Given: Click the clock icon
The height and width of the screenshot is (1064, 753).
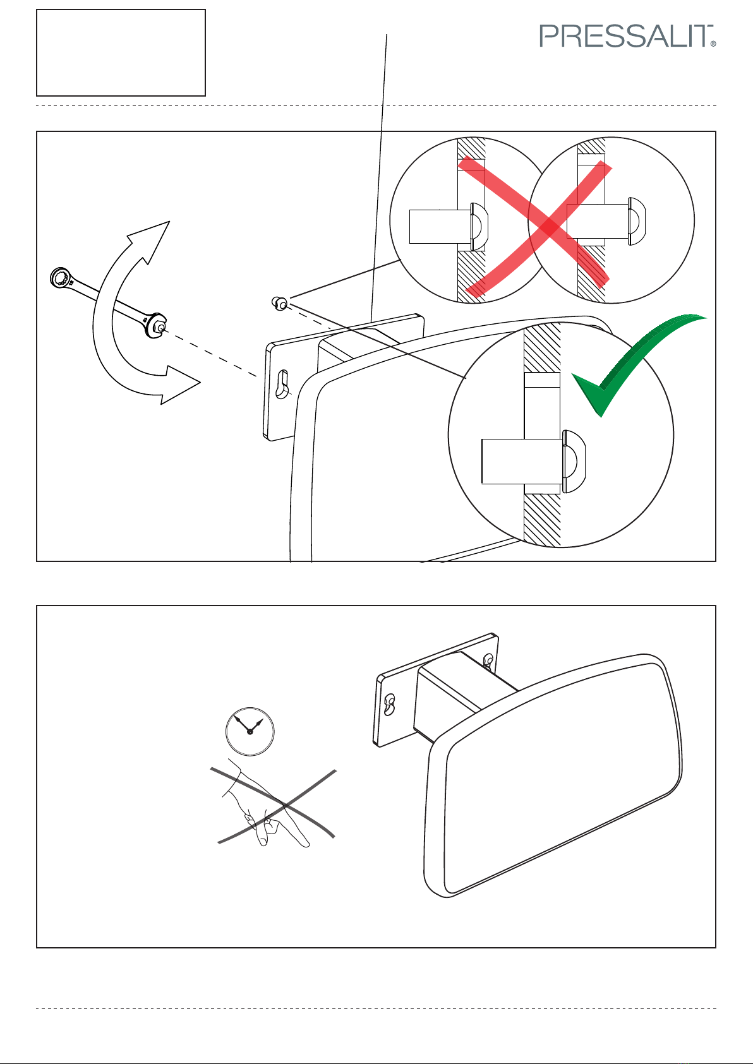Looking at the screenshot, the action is tap(250, 731).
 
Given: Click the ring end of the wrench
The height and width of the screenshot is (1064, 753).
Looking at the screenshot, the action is tap(61, 278).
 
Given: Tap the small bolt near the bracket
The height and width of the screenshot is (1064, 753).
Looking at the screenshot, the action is tap(279, 304).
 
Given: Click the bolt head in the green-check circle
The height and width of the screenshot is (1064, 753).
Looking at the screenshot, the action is tap(573, 461).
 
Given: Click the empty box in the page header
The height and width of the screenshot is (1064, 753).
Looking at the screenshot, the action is tap(121, 52).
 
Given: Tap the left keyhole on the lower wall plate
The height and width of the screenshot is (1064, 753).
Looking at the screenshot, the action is tap(390, 704).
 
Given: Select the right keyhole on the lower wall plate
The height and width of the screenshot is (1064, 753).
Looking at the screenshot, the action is tap(488, 661).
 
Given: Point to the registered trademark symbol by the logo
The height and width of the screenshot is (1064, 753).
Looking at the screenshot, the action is tap(713, 45).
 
